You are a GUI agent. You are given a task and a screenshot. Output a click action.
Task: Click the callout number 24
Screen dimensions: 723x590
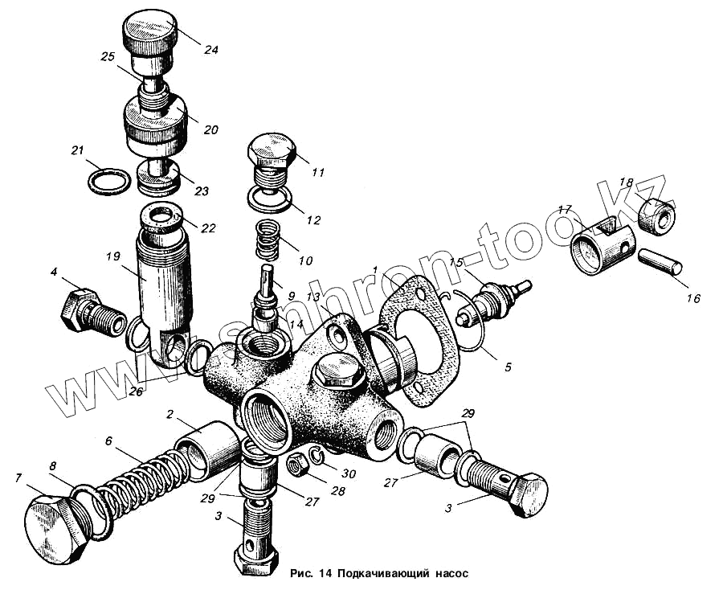click(x=210, y=49)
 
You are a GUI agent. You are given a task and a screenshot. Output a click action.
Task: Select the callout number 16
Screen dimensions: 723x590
click(x=693, y=298)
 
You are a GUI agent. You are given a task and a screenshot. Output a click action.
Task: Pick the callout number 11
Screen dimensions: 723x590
click(x=318, y=172)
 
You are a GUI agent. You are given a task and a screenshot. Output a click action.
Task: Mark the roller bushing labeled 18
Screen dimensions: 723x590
click(x=656, y=215)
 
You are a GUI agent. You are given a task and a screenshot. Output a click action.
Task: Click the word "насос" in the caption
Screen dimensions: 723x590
click(x=447, y=574)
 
